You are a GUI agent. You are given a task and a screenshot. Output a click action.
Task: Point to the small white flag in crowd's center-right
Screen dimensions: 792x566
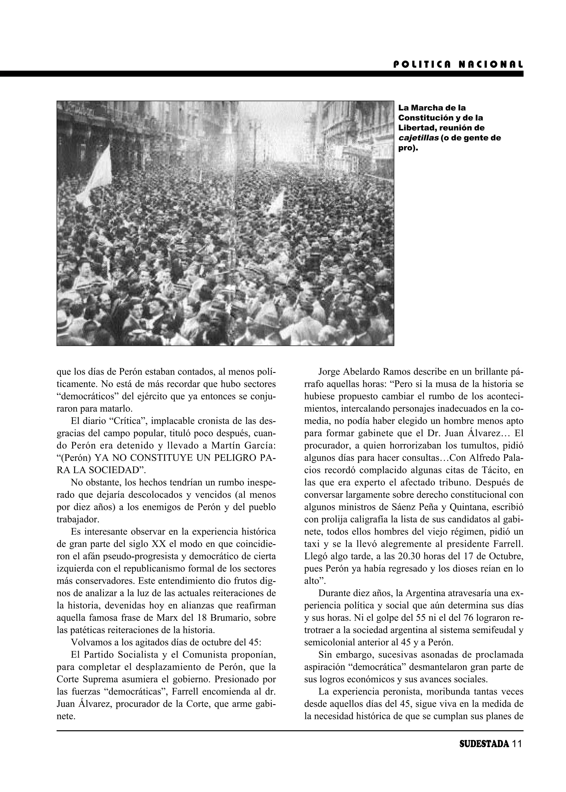pos(278,202)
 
